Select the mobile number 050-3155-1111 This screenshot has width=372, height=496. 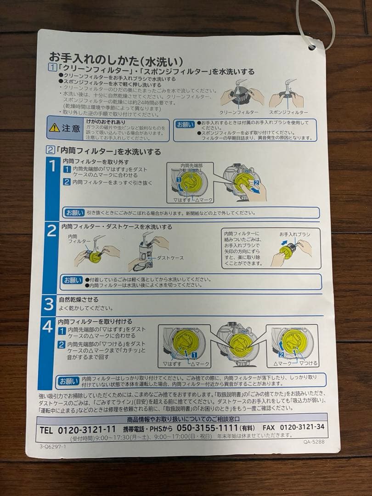[207, 428]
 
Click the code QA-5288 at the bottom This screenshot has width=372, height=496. [314, 442]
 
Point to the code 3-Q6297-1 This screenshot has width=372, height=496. [53, 445]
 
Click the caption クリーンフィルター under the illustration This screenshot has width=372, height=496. [239, 112]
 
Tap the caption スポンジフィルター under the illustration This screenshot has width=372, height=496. [288, 112]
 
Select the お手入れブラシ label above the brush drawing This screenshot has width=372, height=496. [294, 235]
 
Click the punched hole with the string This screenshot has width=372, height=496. [312, 46]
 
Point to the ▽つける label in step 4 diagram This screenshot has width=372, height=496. [308, 363]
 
